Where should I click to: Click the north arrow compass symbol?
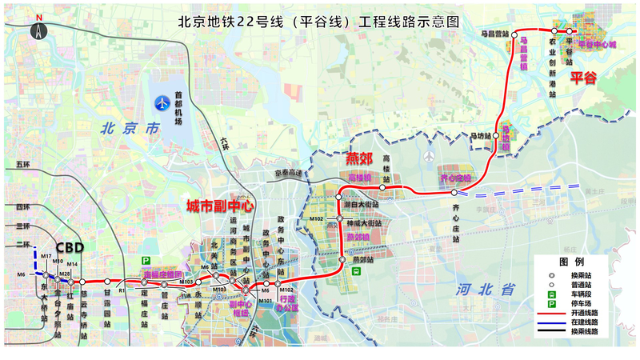coord(38,30)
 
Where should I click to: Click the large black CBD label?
coord(70,247)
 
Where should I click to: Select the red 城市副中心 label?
coord(220,206)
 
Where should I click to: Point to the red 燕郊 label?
coord(360,158)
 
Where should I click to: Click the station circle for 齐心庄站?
coord(454,193)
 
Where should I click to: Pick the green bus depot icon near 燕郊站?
coord(358,270)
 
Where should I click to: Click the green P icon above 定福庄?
coord(146,261)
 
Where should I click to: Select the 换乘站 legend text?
coord(584,274)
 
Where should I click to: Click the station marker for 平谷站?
coord(569,31)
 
